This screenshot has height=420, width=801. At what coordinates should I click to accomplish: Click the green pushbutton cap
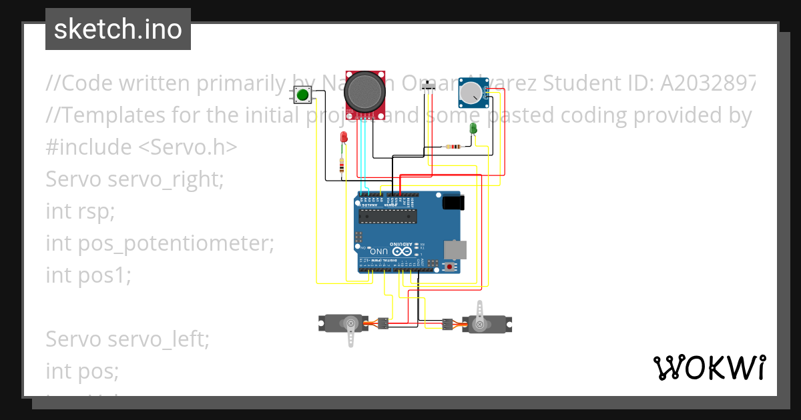(x=303, y=95)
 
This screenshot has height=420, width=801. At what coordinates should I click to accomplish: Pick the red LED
(x=344, y=137)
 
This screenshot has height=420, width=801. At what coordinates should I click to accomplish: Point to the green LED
(x=473, y=127)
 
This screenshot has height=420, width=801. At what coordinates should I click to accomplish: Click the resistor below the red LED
(x=342, y=165)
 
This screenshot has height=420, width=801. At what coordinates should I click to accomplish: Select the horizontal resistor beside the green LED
(x=455, y=147)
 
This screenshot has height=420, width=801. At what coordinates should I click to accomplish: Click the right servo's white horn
(x=481, y=315)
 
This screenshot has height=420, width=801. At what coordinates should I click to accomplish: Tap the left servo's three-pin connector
(x=383, y=323)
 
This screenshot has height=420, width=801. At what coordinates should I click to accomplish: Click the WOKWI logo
(x=709, y=367)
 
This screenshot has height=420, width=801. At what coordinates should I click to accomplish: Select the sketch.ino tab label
(x=117, y=29)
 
